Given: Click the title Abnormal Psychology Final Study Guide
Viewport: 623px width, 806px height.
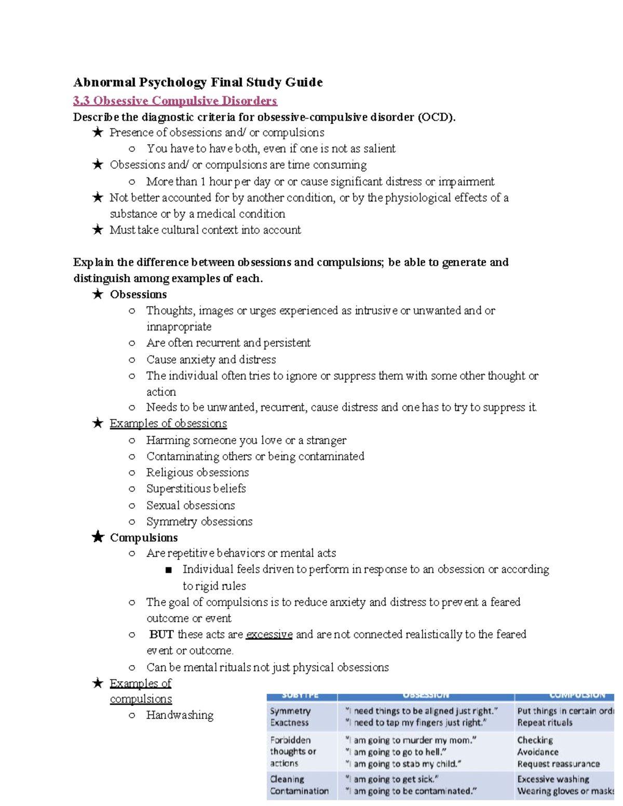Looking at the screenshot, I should pyautogui.click(x=198, y=83).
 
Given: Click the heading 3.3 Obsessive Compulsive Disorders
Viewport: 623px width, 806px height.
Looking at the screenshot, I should pyautogui.click(x=175, y=101).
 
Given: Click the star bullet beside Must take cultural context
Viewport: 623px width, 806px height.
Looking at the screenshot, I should pyautogui.click(x=98, y=230).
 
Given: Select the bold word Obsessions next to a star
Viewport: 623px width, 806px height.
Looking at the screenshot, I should pyautogui.click(x=138, y=295).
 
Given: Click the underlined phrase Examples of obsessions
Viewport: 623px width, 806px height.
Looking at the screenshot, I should pyautogui.click(x=168, y=424).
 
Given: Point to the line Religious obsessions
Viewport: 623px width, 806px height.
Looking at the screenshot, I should pyautogui.click(x=197, y=473).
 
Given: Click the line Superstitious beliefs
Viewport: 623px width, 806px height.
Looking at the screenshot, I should pyautogui.click(x=196, y=489).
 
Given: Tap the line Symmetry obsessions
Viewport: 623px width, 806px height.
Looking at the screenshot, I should pyautogui.click(x=199, y=522).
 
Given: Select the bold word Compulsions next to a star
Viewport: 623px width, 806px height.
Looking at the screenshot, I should pyautogui.click(x=144, y=538).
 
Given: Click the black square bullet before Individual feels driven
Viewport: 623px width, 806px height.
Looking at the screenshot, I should pyautogui.click(x=168, y=570).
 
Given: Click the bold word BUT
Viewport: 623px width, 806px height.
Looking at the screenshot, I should pyautogui.click(x=161, y=635).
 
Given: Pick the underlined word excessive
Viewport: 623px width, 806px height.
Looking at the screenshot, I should pyautogui.click(x=269, y=635).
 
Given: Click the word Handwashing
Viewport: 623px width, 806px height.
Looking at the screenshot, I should pyautogui.click(x=180, y=715).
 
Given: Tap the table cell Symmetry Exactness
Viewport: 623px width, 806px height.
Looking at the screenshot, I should pyautogui.click(x=290, y=717).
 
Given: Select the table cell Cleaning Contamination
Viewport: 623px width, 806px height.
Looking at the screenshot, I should pyautogui.click(x=299, y=785).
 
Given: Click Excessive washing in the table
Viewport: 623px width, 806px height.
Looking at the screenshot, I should pyautogui.click(x=553, y=780).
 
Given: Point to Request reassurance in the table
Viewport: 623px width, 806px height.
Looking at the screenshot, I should pyautogui.click(x=558, y=764).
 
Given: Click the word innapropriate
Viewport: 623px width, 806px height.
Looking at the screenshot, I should pyautogui.click(x=179, y=327).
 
